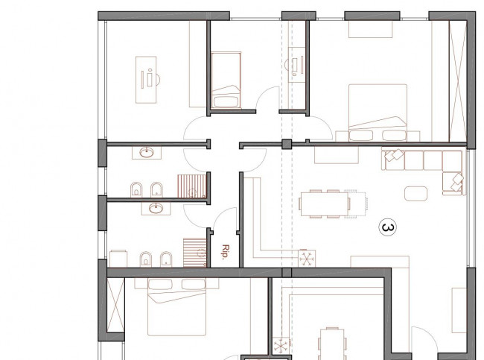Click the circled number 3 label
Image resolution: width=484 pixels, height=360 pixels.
point(388,227)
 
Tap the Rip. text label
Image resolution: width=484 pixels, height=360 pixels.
point(226,251)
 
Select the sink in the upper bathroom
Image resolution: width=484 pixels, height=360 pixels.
point(147,152)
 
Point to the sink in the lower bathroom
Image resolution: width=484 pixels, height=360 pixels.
point(156,208)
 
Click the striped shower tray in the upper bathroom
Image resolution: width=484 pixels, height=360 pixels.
point(191,186)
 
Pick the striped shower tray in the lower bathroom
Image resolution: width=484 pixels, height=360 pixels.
point(195,253)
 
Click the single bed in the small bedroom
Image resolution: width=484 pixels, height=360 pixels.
point(226,80)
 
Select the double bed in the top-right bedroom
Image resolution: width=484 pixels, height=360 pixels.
point(378,113)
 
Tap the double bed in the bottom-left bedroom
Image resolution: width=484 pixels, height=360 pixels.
point(177,307)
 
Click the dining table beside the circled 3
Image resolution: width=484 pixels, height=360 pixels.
point(325,204)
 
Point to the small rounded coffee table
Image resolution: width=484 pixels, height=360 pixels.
point(416,194)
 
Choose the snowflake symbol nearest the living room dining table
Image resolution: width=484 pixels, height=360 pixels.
point(307,259)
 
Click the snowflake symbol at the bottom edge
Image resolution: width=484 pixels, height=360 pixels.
point(281,346)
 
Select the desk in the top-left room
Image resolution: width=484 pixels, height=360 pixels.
point(146,80)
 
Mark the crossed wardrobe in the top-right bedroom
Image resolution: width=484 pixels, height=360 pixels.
point(458,81)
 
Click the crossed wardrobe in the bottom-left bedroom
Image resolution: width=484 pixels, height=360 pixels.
point(115,305)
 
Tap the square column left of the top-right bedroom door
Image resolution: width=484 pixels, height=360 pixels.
point(287,144)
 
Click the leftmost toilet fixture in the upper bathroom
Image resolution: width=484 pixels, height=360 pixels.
point(136,190)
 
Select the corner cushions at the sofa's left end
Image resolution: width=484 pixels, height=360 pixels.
point(394,155)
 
